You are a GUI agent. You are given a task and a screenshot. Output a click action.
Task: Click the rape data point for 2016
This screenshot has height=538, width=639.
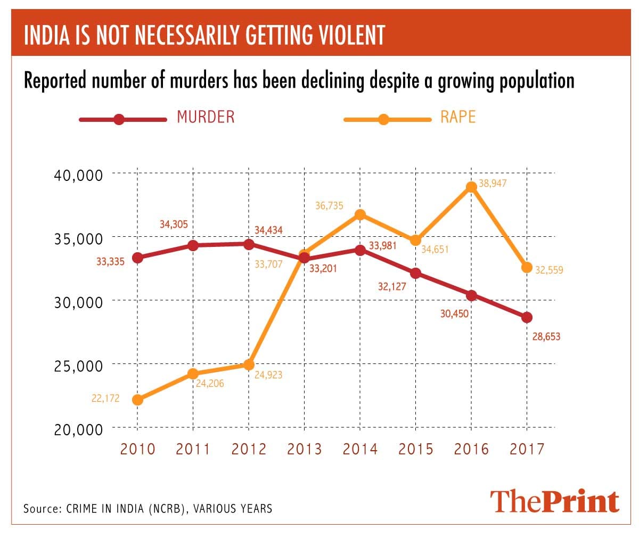[471, 187]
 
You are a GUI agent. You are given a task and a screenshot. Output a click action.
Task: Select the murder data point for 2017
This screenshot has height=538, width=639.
[527, 318]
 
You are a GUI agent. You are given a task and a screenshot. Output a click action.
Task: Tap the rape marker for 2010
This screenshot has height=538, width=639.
[137, 400]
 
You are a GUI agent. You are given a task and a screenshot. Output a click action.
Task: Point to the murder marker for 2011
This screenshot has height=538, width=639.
[193, 245]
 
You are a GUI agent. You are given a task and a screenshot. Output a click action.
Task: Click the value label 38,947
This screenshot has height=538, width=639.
[492, 184]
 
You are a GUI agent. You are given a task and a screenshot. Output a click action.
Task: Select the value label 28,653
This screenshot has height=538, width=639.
[546, 337]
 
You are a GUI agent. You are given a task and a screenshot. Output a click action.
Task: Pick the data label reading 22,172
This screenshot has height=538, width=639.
[105, 398]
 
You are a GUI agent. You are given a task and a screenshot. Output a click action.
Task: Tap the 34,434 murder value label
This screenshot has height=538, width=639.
[268, 230]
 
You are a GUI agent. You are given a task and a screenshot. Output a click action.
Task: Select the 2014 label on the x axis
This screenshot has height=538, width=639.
[360, 449]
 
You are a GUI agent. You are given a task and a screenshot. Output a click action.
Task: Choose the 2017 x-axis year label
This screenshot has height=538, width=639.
[527, 449]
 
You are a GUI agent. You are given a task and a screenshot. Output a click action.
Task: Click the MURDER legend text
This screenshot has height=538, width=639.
[206, 117]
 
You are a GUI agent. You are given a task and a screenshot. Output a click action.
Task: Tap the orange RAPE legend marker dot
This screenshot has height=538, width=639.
[383, 119]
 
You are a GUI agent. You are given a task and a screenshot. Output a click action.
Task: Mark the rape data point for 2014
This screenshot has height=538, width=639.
[360, 214]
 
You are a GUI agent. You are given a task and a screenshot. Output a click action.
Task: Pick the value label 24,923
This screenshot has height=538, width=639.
[268, 375]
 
